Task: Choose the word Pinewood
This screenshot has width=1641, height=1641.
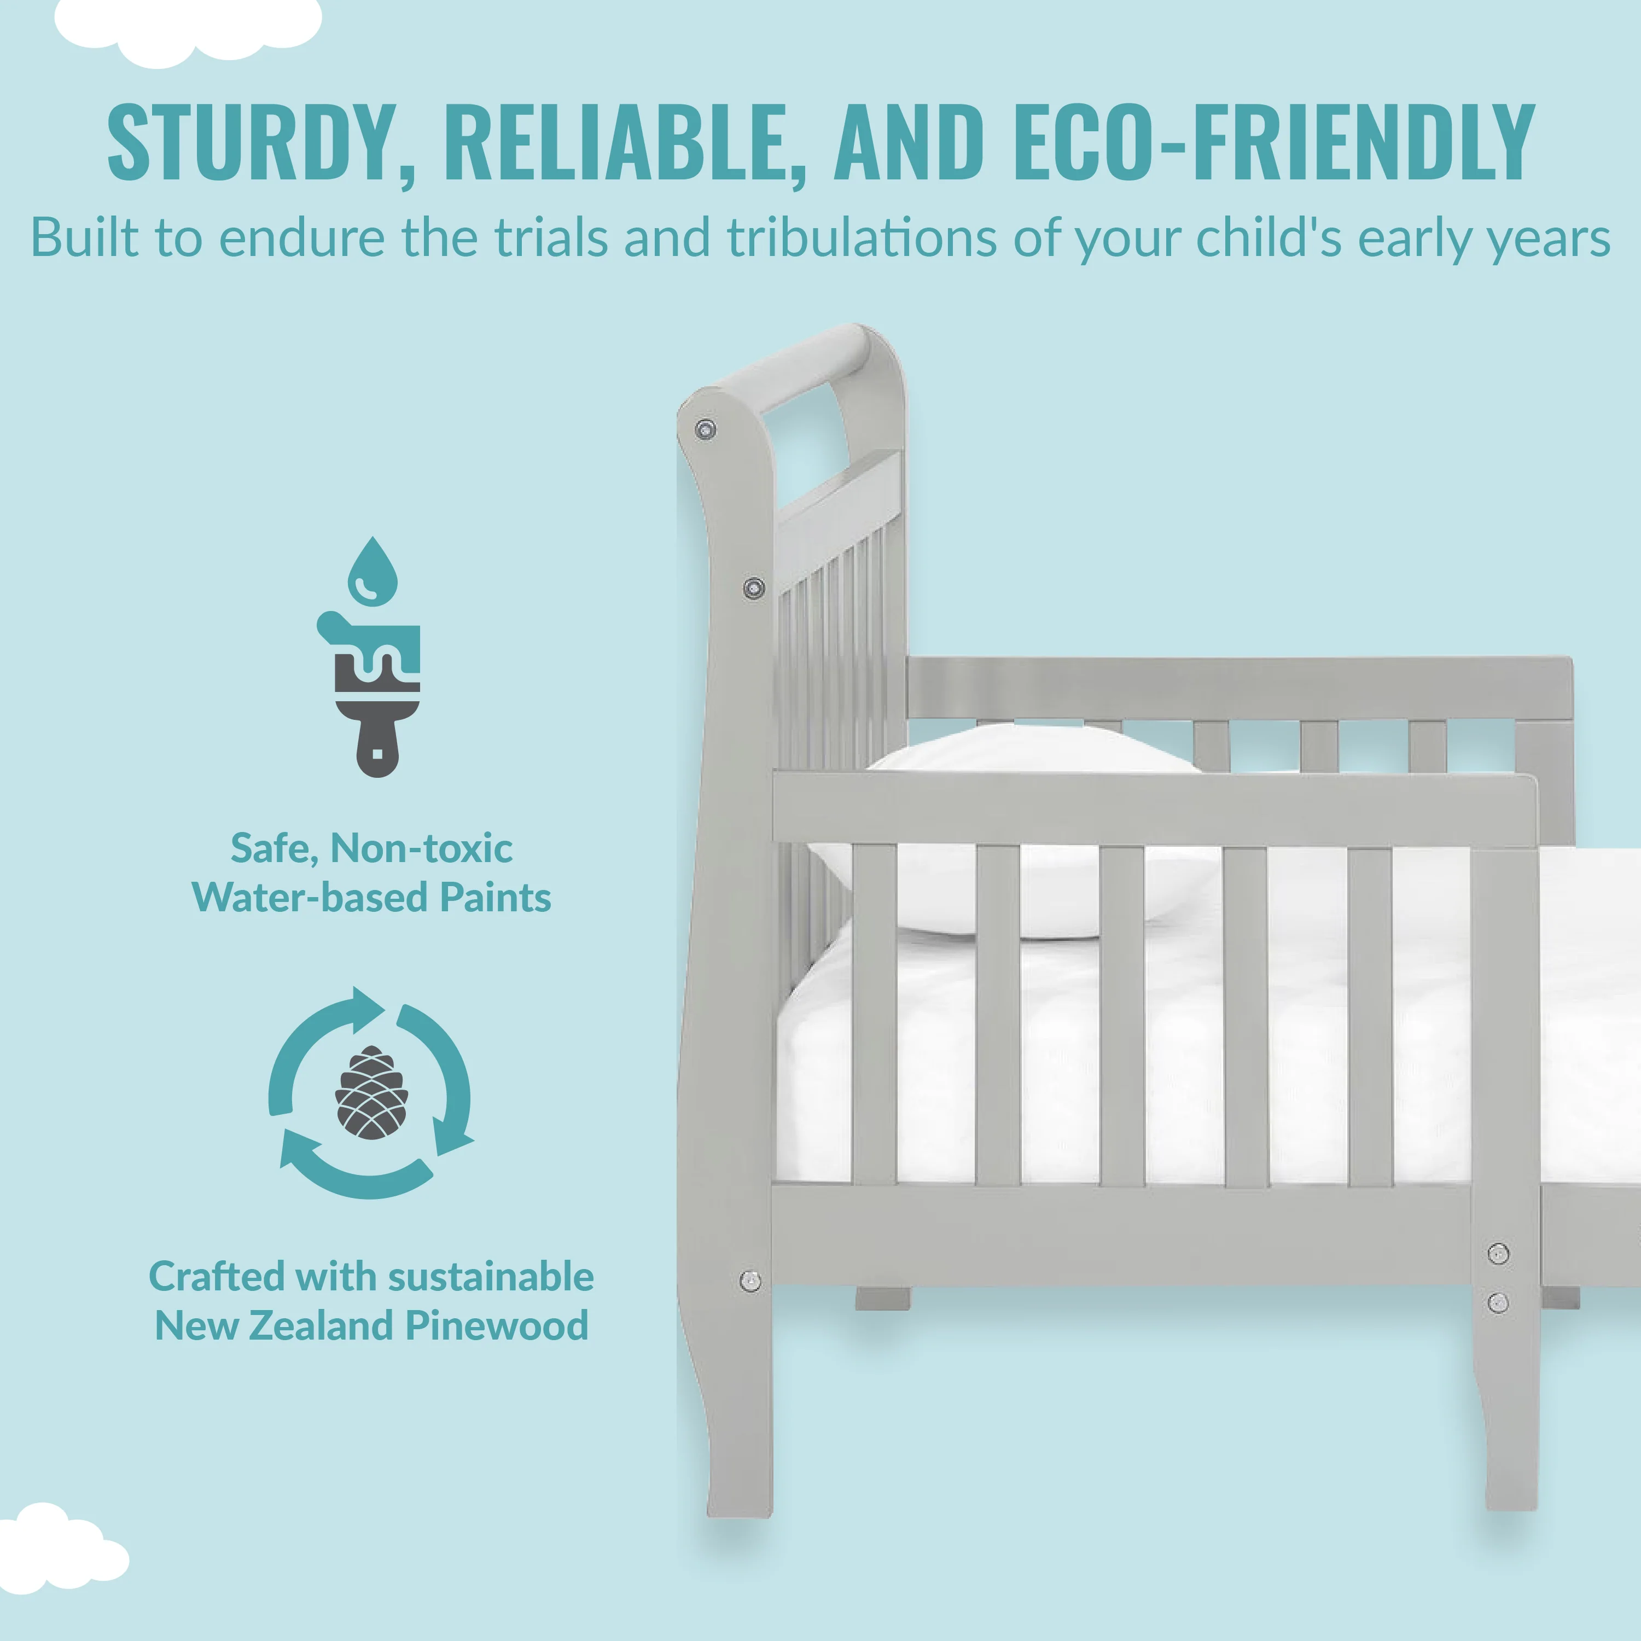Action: coord(497,1326)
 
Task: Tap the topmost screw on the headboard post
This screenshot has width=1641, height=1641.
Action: coord(705,430)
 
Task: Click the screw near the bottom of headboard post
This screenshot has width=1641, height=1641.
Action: coord(750,1281)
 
